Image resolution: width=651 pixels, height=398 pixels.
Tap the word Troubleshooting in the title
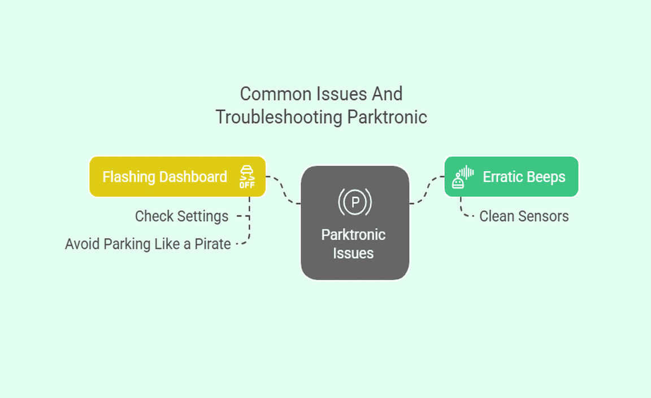(x=279, y=117)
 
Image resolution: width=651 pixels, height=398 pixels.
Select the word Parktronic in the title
(x=387, y=117)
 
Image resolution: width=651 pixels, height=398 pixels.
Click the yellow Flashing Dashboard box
(x=177, y=177)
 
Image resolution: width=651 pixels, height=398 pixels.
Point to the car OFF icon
(x=247, y=177)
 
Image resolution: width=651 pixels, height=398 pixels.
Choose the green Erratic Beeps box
(x=511, y=177)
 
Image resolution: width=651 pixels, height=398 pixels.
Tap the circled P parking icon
(x=354, y=202)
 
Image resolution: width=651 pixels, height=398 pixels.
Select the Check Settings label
(x=181, y=216)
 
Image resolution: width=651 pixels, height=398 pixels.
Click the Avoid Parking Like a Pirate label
(x=147, y=244)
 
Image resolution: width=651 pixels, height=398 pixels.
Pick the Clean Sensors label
(x=524, y=216)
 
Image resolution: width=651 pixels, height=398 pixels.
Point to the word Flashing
(x=128, y=177)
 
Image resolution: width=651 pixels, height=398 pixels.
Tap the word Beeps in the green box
(x=546, y=177)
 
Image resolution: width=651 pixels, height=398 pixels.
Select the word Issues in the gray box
(x=353, y=253)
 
